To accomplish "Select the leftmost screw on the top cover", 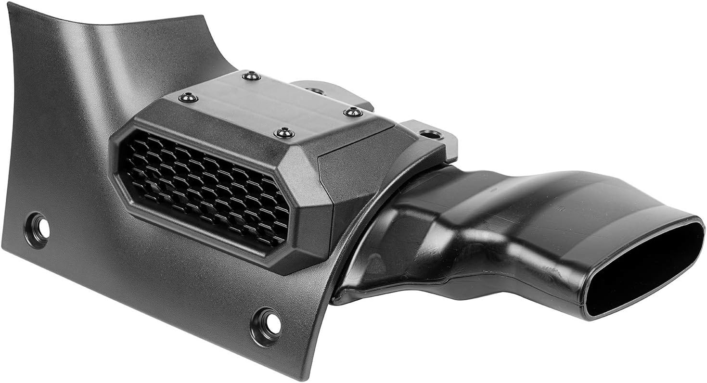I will point(188,98).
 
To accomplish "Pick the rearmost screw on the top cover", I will point(251,76).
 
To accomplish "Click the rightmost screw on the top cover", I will point(353,112).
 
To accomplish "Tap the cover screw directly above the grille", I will point(284,133).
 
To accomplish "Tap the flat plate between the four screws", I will point(270,103).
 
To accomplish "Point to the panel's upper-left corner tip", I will point(11,6).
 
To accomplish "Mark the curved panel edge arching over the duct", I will point(366,212).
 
